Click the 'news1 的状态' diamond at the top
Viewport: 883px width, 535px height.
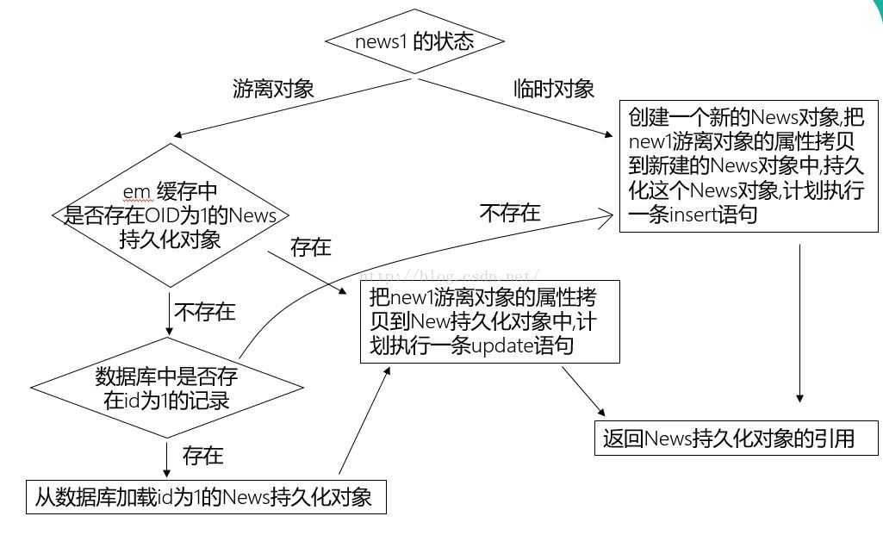(x=414, y=41)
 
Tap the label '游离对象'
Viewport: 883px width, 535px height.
(x=273, y=89)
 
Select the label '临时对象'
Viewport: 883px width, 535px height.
(x=554, y=89)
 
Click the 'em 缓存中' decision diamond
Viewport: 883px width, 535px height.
(x=171, y=215)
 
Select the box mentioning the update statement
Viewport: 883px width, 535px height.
(x=490, y=322)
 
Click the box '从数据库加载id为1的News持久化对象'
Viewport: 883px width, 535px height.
(x=204, y=497)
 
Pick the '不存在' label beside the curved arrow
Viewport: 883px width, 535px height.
(x=510, y=213)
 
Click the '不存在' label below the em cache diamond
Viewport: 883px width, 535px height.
(x=205, y=312)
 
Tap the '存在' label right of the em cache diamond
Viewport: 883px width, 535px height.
(x=311, y=248)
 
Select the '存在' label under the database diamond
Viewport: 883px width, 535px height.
(x=203, y=455)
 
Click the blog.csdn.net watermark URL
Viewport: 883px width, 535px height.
(x=448, y=276)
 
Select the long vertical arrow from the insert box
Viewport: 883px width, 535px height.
(x=800, y=324)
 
